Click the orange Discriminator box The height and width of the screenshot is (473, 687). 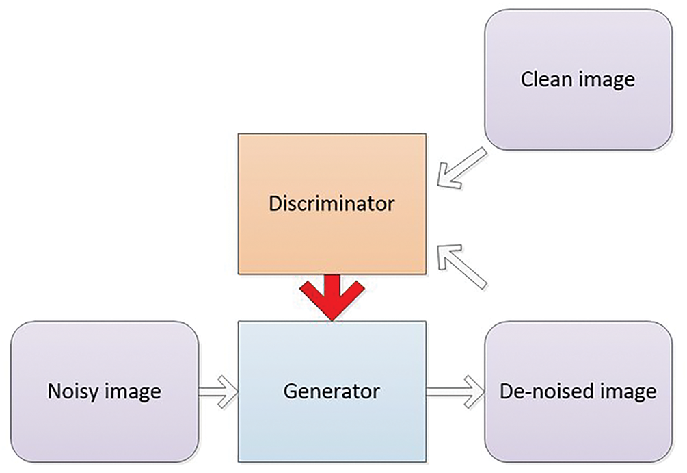click(332, 171)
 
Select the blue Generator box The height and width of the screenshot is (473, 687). click(332, 424)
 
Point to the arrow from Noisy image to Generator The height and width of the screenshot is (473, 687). click(218, 392)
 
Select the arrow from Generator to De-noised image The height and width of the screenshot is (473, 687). click(455, 392)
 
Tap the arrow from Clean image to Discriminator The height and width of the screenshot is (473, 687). click(462, 168)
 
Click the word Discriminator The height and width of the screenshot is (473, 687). click(332, 203)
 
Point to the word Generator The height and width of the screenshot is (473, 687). click(332, 392)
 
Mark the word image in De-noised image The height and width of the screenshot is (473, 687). click(628, 392)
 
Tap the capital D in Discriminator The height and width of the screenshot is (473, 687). click(275, 203)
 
